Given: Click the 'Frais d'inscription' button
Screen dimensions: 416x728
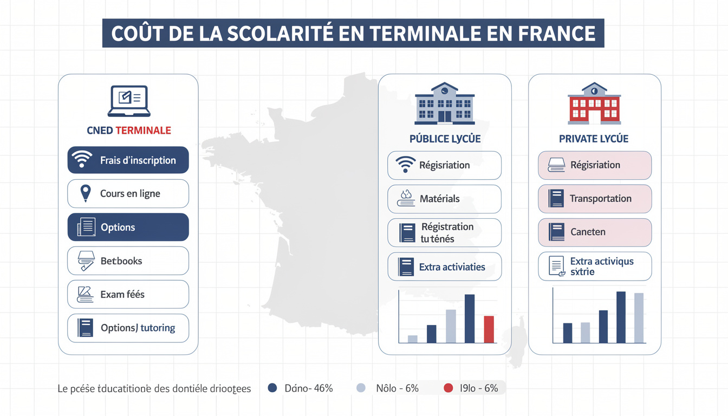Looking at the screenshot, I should (x=128, y=160).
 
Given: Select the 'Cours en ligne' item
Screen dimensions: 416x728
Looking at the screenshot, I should (x=128, y=194).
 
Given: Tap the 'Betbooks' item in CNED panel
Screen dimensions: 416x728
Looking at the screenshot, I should (x=128, y=261).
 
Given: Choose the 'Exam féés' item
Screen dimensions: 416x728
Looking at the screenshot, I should (x=128, y=295).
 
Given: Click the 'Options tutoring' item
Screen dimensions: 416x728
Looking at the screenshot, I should (x=128, y=328).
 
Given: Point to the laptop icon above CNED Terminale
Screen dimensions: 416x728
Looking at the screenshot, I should (x=128, y=101).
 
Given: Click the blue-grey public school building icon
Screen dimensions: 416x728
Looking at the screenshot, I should (x=444, y=103).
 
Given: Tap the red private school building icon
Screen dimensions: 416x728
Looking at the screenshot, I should (x=594, y=103).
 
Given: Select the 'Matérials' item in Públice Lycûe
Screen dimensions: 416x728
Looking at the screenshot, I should (x=444, y=199).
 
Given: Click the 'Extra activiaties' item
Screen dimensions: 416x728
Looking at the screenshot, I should (x=444, y=267).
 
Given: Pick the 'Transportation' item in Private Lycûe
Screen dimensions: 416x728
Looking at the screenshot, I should (x=594, y=199).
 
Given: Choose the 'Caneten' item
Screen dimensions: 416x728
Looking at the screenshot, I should (x=594, y=232).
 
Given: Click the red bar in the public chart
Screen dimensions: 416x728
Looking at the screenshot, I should (x=489, y=329).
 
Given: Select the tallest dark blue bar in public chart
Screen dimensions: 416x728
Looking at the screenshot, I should (x=470, y=318).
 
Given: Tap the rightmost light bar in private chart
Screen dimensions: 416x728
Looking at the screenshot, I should (x=639, y=318).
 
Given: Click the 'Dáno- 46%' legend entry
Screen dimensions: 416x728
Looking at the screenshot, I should (x=301, y=388).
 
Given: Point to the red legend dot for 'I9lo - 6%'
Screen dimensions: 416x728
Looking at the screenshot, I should (x=448, y=388).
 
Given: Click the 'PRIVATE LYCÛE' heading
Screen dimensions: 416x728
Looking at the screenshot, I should (x=594, y=139).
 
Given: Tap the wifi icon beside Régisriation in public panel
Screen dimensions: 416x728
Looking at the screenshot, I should (x=405, y=165).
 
